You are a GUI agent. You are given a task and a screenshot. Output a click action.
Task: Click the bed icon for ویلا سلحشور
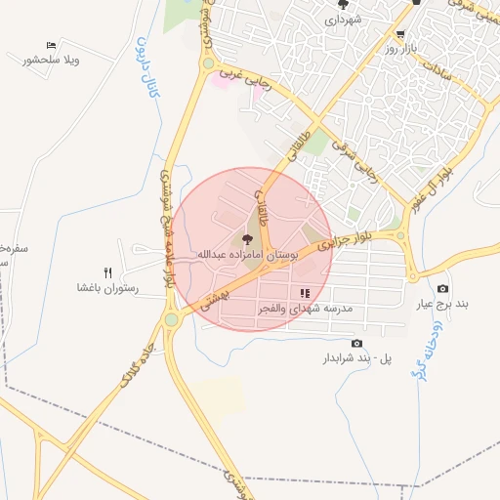coord(51,45)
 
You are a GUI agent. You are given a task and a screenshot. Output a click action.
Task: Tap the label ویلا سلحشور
coord(51,61)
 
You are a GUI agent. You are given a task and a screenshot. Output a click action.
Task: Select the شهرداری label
coord(343,19)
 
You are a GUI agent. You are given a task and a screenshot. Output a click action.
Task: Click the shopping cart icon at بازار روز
coord(400,33)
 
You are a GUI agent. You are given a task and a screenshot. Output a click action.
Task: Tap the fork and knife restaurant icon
coord(108,273)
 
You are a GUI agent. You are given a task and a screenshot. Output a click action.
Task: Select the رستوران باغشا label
coord(108,289)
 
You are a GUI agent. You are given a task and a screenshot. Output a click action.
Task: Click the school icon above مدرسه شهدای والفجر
coord(305,293)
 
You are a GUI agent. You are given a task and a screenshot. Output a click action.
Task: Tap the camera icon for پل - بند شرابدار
coord(356,344)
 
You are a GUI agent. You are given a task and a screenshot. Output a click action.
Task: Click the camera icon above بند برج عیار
coord(442,289)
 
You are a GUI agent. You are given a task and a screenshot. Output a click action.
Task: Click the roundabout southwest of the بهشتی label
coord(172,318)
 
